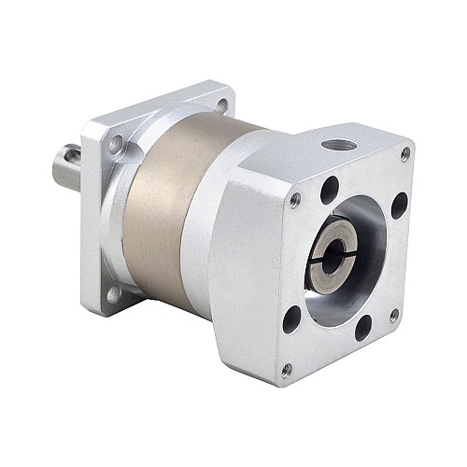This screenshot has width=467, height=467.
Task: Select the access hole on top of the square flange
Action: tap(337, 147)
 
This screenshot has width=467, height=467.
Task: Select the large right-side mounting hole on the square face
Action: tap(399, 205)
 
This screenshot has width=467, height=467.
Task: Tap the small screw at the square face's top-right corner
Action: tap(404, 153)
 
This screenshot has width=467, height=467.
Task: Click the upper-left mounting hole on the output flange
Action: tap(116, 144)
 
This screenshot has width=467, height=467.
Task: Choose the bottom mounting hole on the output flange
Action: tap(113, 293)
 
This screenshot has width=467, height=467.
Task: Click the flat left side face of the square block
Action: tap(248, 271)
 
